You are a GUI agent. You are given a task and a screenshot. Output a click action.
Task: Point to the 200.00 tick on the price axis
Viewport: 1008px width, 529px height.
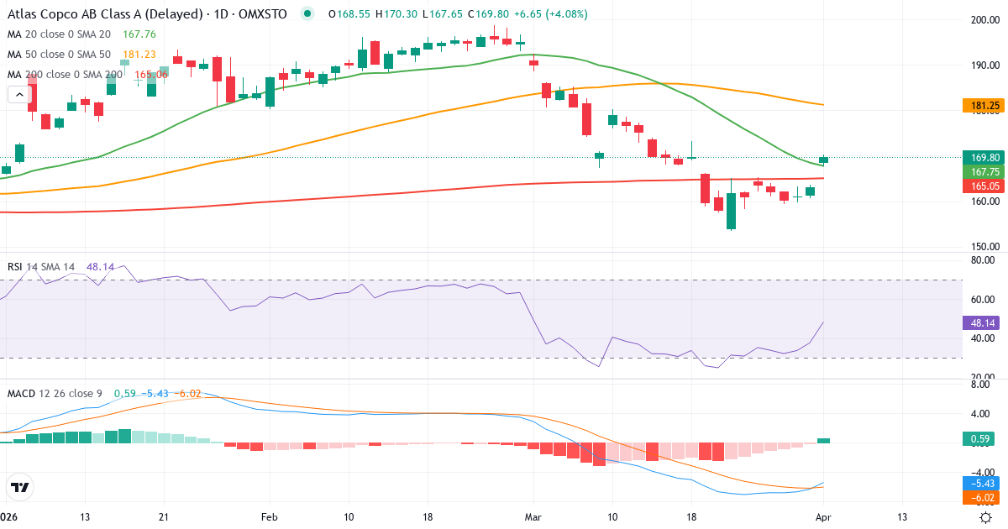click(x=984, y=20)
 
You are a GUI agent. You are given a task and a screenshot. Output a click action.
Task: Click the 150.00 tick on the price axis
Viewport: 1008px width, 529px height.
click(x=984, y=247)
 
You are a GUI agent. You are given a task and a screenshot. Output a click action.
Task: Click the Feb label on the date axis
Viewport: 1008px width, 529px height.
click(x=269, y=518)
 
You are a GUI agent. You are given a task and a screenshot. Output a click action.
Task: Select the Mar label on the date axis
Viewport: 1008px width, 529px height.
click(x=533, y=518)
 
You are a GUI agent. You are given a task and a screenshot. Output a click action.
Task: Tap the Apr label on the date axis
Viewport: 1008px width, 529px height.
click(x=824, y=518)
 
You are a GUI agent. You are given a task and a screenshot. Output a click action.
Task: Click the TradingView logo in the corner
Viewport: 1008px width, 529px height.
click(x=19, y=487)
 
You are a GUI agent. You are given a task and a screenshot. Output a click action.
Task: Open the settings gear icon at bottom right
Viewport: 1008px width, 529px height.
click(x=988, y=517)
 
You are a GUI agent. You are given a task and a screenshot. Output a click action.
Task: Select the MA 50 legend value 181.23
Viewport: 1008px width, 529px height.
click(x=139, y=54)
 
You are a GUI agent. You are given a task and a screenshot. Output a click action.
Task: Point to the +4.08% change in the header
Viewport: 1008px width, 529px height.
click(x=567, y=14)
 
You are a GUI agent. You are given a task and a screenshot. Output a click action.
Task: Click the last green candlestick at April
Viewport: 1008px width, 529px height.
click(x=824, y=160)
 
